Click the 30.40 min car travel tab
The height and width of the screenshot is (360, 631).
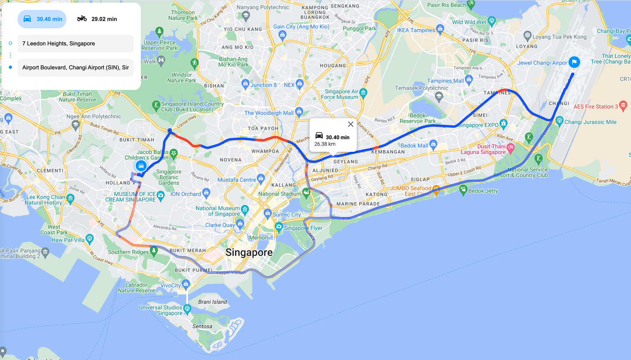(x=42, y=19)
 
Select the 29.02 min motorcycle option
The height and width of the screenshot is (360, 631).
(x=97, y=19)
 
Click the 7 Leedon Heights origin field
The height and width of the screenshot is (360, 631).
(x=75, y=43)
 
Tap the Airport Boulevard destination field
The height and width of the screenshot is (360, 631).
(x=75, y=67)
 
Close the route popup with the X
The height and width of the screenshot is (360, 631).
(x=351, y=124)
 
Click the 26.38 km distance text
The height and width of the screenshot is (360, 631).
(x=325, y=144)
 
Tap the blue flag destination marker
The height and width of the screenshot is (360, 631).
(x=574, y=62)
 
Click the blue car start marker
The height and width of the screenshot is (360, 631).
(x=141, y=166)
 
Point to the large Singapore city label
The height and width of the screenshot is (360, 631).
(x=249, y=252)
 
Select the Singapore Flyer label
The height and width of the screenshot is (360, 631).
(x=303, y=228)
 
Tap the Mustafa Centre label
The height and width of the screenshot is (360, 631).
(x=237, y=180)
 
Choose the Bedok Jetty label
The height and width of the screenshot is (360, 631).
(x=483, y=191)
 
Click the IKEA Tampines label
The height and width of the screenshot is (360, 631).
(x=416, y=30)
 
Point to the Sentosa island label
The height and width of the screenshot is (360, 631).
(x=202, y=326)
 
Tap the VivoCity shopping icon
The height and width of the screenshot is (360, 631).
(x=186, y=284)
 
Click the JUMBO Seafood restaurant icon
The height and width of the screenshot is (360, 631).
(x=436, y=189)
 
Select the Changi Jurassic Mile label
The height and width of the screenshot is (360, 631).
(x=590, y=122)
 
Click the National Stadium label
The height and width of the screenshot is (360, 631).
(x=280, y=194)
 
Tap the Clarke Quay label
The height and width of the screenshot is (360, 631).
(x=220, y=225)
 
